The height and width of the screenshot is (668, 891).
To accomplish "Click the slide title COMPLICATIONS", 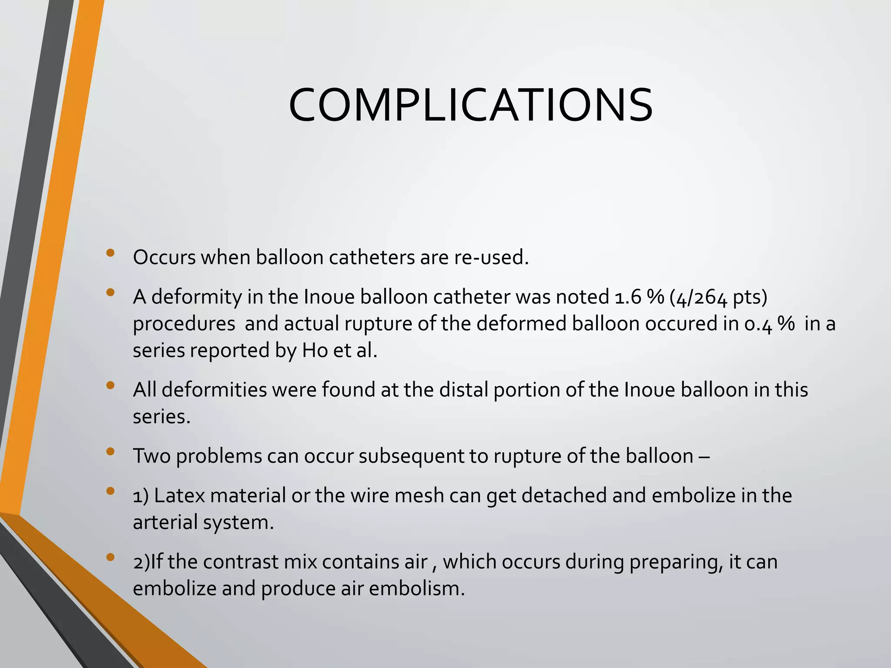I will click(470, 106).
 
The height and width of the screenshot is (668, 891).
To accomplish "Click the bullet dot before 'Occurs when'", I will click(110, 253).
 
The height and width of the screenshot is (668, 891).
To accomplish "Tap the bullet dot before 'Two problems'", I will click(110, 451).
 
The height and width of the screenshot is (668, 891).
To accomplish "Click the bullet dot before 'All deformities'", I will click(110, 385).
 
